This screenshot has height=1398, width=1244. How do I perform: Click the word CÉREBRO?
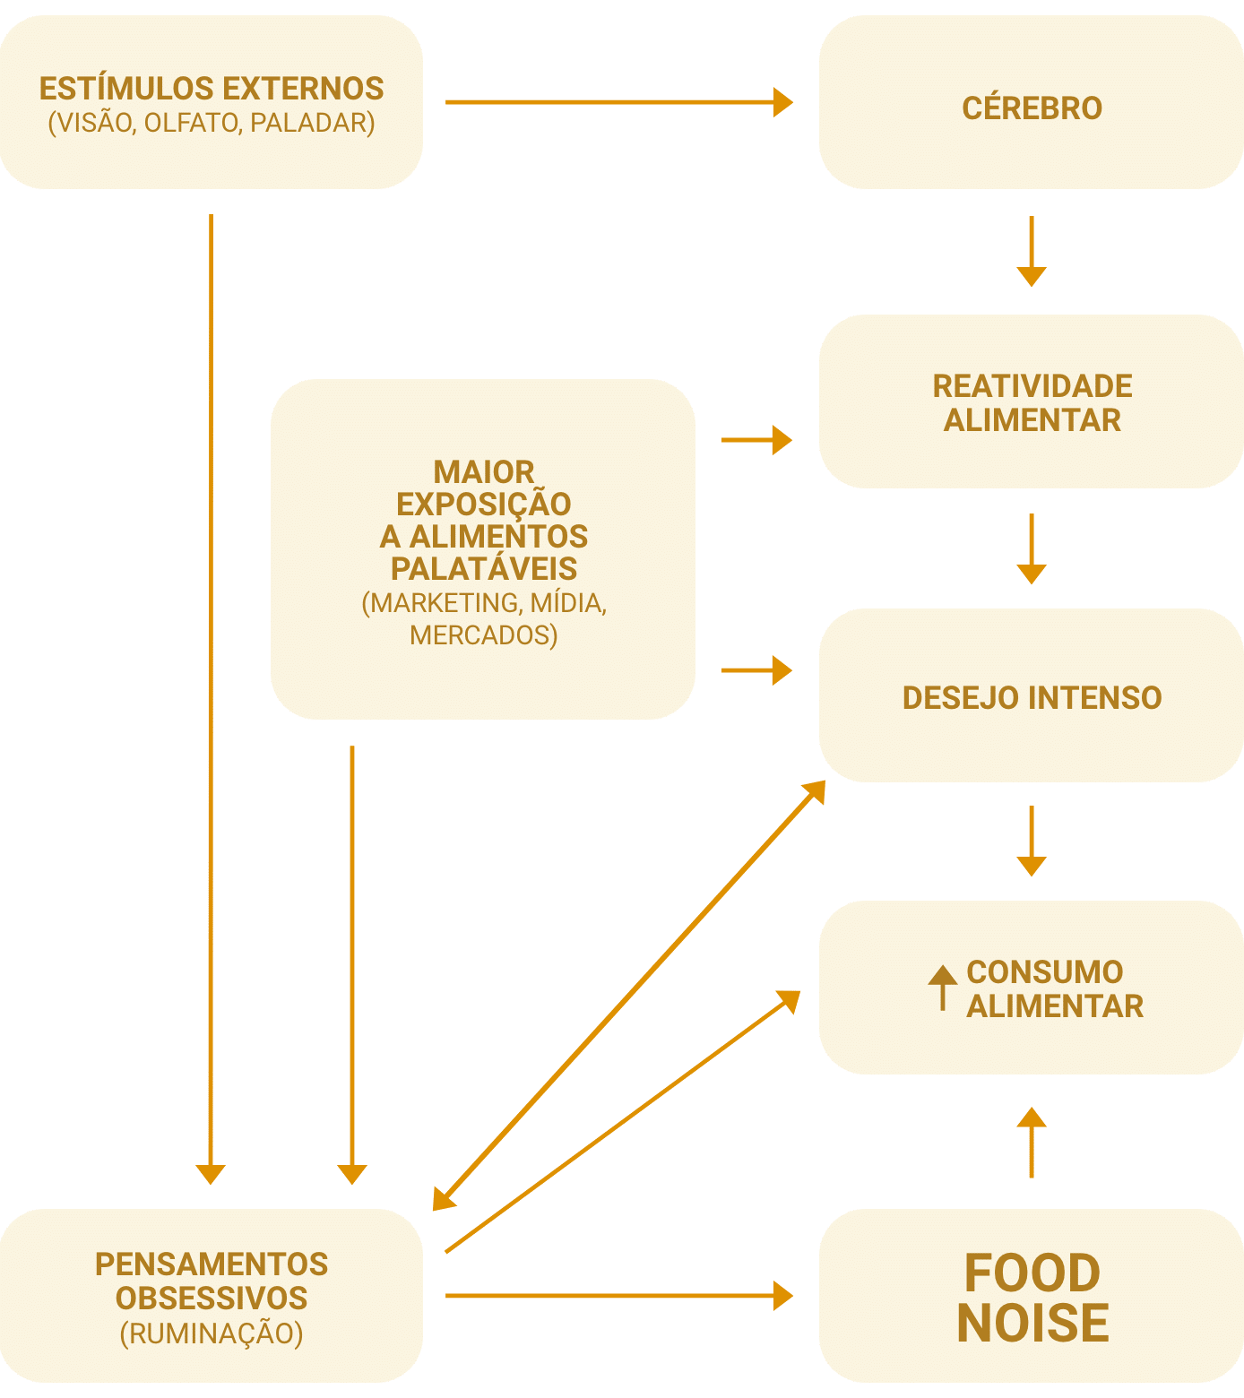pos(1032,108)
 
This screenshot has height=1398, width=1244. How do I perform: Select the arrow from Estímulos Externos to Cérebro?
pos(618,102)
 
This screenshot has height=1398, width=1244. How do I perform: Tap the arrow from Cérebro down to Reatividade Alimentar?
pos(1032,251)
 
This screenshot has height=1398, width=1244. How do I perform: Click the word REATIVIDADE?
pos(1032,386)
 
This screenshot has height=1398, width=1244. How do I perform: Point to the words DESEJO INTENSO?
pos(1032,697)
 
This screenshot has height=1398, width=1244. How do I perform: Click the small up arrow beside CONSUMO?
pos(942,988)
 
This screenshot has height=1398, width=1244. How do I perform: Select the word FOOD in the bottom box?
pos(1032,1273)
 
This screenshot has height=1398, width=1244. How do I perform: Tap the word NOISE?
pos(1032,1323)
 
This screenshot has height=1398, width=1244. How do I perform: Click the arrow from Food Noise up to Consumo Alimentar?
pos(1032,1143)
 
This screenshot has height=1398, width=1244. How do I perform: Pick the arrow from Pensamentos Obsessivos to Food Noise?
pos(618,1295)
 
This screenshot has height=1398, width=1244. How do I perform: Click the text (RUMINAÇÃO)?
pos(212,1333)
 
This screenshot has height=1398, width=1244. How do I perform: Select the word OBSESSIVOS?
pos(212,1299)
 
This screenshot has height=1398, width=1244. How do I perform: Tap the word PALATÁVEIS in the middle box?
pos(484,569)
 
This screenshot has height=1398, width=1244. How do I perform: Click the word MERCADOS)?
pos(484,635)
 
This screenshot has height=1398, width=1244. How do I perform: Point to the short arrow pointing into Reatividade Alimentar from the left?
pos(756,440)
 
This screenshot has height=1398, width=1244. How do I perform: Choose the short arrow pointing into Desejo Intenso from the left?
pos(756,670)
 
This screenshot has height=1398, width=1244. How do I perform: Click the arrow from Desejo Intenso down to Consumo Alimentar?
pos(1032,841)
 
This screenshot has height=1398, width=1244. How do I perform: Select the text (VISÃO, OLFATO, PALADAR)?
pos(212,123)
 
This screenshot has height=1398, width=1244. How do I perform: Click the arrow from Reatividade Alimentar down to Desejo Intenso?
pos(1032,548)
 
